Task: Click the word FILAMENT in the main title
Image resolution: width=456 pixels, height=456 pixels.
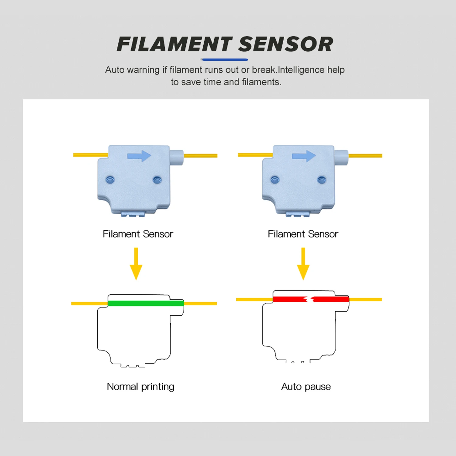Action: (174, 44)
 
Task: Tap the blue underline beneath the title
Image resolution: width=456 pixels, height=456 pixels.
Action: (225, 60)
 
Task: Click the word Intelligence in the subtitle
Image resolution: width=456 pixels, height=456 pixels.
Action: (301, 70)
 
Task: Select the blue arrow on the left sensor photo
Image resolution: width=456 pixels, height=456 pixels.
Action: (139, 156)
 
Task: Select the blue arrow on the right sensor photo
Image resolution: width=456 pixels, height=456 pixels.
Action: (304, 156)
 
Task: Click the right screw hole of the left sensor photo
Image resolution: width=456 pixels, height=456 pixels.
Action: (157, 180)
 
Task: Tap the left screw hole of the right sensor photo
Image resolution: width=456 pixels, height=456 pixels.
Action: (275, 180)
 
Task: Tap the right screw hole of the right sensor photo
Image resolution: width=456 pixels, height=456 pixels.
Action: (321, 180)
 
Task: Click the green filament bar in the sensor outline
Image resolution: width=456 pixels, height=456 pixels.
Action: (146, 303)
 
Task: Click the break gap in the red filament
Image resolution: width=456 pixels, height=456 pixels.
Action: (310, 299)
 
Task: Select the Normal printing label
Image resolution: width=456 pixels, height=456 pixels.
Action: (140, 387)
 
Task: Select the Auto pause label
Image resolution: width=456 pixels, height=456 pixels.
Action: (306, 387)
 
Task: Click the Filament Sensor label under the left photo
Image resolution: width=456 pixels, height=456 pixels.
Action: (138, 234)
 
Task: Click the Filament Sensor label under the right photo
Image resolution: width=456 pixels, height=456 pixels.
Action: (303, 234)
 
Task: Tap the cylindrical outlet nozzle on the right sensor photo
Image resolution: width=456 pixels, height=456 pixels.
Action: (341, 157)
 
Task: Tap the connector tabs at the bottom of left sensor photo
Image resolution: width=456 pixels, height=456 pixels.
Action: (133, 215)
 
